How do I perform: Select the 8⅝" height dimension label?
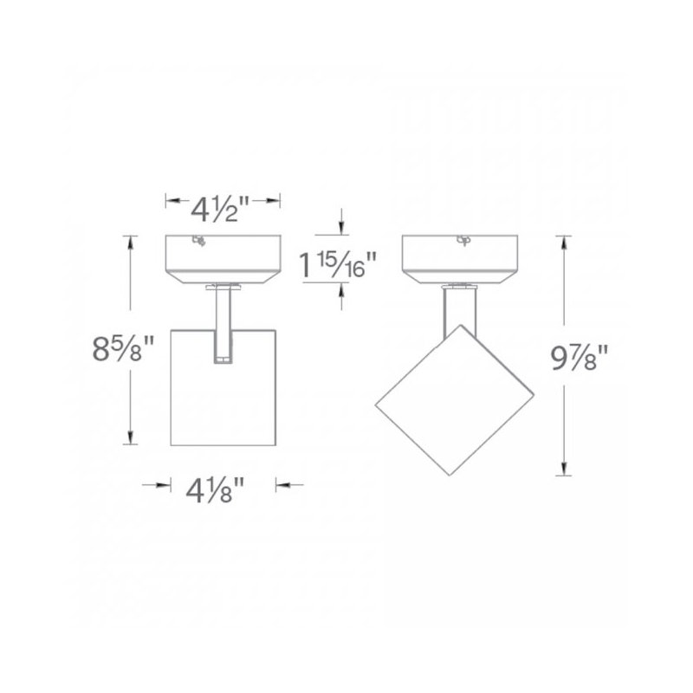[x=123, y=349]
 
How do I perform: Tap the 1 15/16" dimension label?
[x=338, y=265]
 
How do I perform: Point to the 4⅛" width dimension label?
[x=215, y=491]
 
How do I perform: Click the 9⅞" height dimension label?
[x=580, y=357]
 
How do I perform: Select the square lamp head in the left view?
[x=223, y=387]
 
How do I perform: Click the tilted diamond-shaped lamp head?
[x=454, y=400]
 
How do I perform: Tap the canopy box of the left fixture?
[x=223, y=259]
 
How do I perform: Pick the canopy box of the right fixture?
[x=460, y=259]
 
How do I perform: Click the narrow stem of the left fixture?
[x=223, y=325]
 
